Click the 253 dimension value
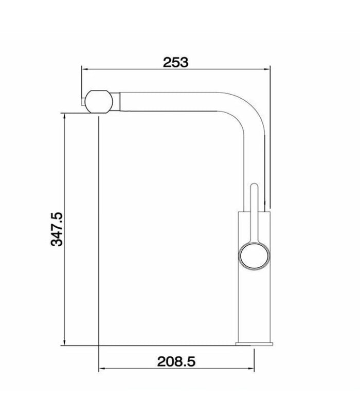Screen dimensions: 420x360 click(176, 62)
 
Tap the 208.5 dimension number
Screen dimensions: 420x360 click(176, 362)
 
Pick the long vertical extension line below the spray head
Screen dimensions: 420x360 click(97, 231)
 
